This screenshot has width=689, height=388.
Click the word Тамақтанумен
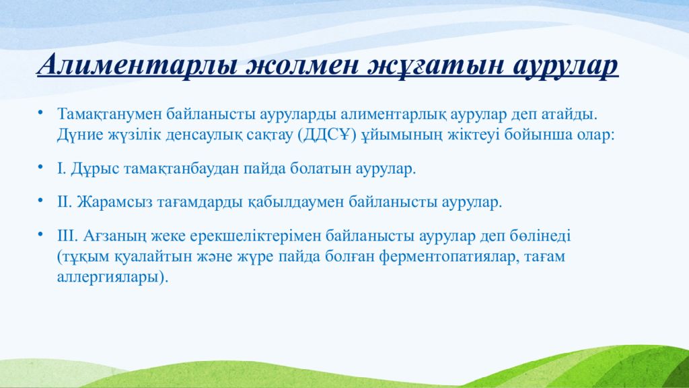pos(109,115)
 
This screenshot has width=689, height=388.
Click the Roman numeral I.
pos(61,168)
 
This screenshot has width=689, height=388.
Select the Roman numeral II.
pos(64,202)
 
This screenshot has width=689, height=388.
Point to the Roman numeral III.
pos(67,236)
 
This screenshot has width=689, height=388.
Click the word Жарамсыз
pos(115,202)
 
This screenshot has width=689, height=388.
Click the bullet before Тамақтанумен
pos(40,112)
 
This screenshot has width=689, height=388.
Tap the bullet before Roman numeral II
pos(40,200)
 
